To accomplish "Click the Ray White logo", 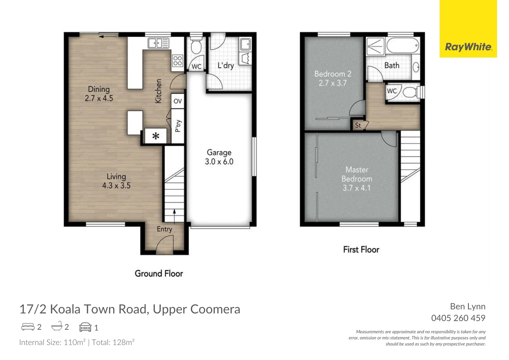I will click(x=468, y=47).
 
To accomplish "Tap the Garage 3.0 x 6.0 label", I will click(x=219, y=157).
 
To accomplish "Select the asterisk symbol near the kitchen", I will click(x=156, y=136).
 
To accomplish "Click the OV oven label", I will click(x=178, y=101).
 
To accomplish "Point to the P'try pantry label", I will click(x=178, y=126).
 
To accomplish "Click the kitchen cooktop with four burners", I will click(x=178, y=61).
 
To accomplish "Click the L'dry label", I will click(x=226, y=65).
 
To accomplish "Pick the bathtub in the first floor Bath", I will click(x=402, y=46).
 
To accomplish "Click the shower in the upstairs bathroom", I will click(x=375, y=46).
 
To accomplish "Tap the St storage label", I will click(x=358, y=125).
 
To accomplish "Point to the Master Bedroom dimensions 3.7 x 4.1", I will click(x=356, y=188).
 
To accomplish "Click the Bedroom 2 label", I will click(x=332, y=74).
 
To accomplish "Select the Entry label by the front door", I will click(x=164, y=229).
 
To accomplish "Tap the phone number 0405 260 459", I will click(x=458, y=318).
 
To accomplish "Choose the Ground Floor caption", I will click(x=159, y=274).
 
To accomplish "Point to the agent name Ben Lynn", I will click(x=467, y=306).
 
